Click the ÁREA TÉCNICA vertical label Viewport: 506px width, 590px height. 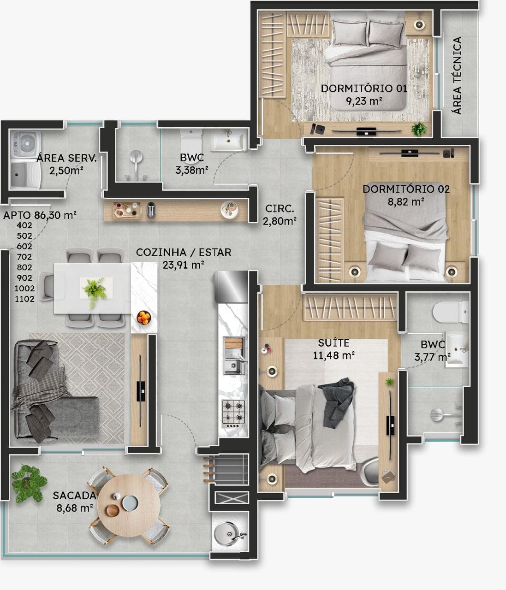click(457, 75)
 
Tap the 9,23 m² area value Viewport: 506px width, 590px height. click(364, 101)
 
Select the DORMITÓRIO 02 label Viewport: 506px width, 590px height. click(406, 189)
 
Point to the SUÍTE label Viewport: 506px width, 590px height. click(333, 342)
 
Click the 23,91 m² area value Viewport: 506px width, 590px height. click(183, 265)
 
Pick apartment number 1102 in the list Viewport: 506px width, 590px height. click(24, 299)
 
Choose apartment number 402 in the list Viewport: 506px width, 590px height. click(24, 225)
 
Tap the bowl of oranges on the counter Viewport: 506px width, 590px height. click(144, 318)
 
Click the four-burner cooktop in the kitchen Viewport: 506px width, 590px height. click(233, 413)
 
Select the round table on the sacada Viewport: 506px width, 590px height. click(129, 506)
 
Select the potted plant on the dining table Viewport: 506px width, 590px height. click(95, 291)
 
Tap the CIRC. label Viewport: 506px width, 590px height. click(280, 208)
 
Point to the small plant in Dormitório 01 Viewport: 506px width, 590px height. click(418, 129)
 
